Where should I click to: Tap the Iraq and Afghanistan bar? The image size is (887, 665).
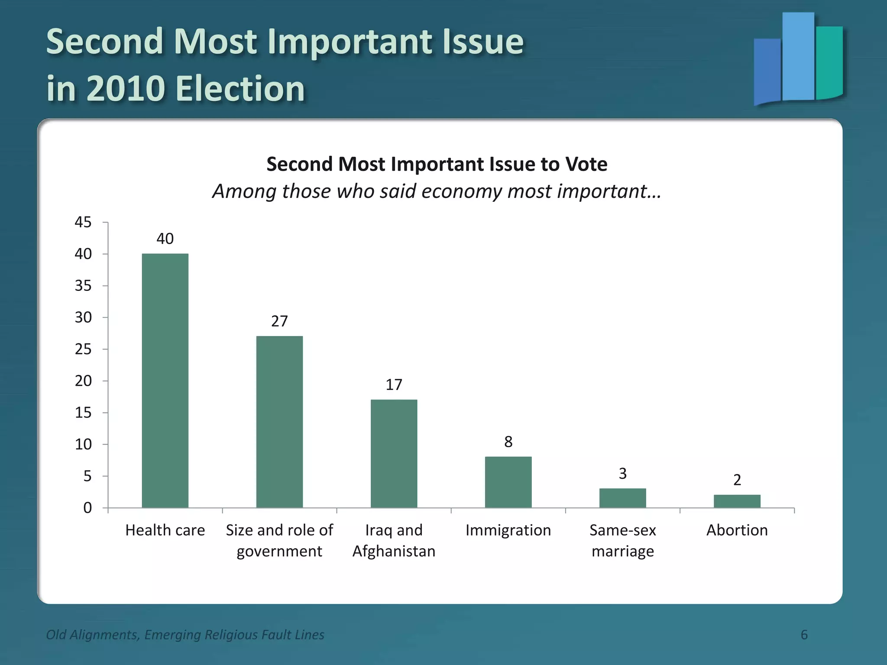[394, 453]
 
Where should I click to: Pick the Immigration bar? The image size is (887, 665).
[508, 482]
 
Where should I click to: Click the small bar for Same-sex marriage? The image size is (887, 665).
[622, 498]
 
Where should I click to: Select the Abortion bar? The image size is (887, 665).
[737, 501]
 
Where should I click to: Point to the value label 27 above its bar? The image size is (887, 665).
[279, 321]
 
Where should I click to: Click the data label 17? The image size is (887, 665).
[394, 385]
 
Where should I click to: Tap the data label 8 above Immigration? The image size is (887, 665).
[508, 442]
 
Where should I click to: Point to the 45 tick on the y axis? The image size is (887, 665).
[83, 222]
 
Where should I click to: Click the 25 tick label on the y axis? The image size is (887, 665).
[83, 349]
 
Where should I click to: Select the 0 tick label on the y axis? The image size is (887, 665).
[87, 507]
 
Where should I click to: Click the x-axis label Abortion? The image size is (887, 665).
[737, 530]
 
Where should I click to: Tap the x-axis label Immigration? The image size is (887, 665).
[508, 530]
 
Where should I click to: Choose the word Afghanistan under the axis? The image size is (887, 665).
[394, 552]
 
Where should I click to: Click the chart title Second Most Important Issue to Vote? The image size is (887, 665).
[437, 164]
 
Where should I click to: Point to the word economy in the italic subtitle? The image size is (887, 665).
[462, 191]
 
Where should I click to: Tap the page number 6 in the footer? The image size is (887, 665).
[804, 635]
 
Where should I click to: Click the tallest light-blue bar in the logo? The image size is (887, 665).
[798, 56]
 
